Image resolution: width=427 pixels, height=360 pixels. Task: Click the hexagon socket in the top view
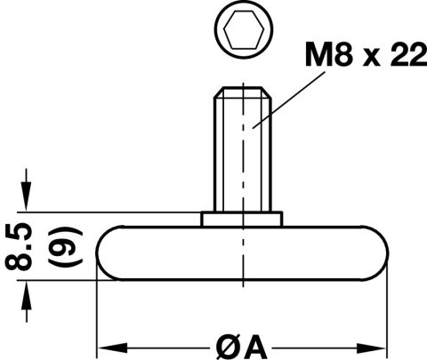[244, 29]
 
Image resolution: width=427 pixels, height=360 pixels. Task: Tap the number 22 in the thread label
[408, 54]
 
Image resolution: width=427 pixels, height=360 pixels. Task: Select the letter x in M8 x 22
[372, 58]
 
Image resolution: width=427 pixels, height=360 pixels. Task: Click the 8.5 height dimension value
[19, 246]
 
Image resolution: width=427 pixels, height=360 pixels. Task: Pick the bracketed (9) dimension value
[65, 246]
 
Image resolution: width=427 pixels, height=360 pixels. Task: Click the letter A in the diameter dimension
[254, 347]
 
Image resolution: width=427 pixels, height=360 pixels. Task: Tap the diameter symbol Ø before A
[227, 348]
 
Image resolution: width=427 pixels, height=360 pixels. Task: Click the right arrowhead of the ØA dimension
[372, 348]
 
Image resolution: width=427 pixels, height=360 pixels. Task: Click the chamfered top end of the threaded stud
[243, 92]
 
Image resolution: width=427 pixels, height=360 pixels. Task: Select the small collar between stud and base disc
[242, 219]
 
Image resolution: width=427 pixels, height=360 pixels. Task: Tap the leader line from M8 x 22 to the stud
[288, 100]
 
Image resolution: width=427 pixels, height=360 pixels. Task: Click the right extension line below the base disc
[387, 311]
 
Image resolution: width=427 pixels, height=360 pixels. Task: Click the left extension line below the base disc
[97, 311]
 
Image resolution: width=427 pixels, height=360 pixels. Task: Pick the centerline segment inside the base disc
[243, 253]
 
